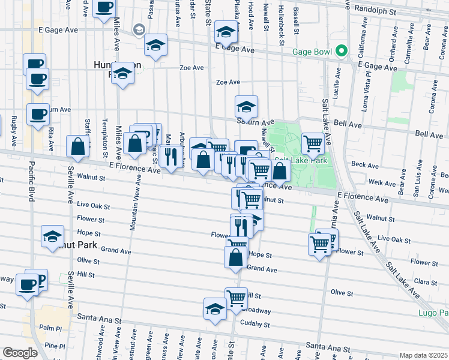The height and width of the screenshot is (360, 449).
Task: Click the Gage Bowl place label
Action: (x=312, y=52)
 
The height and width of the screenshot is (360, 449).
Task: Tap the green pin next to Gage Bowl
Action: (x=342, y=51)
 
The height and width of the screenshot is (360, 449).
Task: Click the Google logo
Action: (x=20, y=353)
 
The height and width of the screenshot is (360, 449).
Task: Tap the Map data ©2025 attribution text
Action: (x=423, y=355)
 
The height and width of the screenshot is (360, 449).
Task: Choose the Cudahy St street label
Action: (x=255, y=325)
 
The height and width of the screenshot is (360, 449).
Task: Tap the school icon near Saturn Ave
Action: (x=246, y=107)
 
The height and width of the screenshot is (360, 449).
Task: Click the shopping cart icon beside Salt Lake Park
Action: (x=313, y=143)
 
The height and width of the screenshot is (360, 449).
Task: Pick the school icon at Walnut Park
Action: (x=53, y=236)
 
